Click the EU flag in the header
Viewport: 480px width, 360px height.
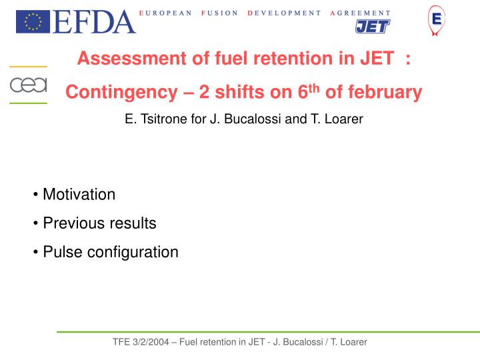coord(33,22)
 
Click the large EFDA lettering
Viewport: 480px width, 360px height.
coord(95,22)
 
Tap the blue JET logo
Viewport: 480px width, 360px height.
coord(371,27)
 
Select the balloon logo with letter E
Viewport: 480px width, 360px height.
coord(437,20)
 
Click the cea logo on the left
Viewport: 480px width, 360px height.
coord(28,85)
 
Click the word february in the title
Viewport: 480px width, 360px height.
coord(387,93)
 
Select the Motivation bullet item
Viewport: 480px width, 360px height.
coord(79,195)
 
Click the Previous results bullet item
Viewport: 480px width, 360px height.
coord(99,223)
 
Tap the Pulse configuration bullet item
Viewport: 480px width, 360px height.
coord(110,252)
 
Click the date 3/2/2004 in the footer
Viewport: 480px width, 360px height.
coord(149,342)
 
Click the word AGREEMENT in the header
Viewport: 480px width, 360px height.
coord(360,13)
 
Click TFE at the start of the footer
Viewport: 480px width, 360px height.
coord(121,342)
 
